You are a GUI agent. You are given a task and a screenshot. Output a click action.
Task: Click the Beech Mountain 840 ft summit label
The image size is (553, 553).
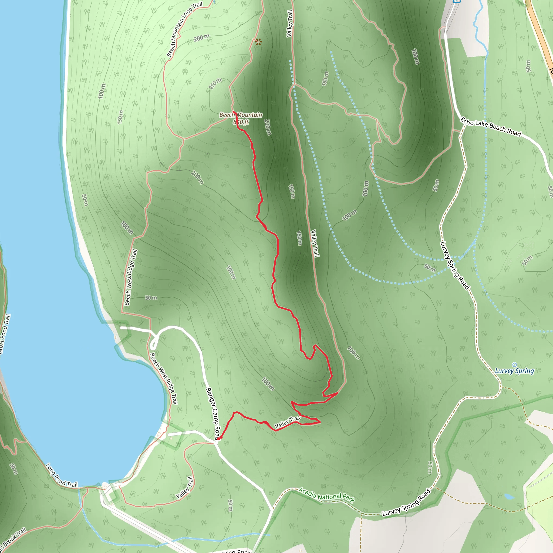point(241,118)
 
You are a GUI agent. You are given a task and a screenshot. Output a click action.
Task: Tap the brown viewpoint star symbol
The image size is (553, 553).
point(258,42)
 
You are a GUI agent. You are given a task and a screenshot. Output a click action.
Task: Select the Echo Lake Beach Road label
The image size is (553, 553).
point(491,127)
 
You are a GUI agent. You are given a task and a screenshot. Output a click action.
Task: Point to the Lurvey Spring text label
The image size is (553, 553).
point(514,371)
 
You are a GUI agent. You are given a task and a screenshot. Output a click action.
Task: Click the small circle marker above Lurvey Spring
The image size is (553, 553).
point(514,365)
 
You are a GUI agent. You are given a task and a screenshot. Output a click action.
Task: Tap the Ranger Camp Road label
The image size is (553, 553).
point(213,413)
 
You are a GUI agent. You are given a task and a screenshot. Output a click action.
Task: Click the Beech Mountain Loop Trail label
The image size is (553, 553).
point(184,29)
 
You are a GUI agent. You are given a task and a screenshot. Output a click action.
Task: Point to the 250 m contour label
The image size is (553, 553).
point(215,84)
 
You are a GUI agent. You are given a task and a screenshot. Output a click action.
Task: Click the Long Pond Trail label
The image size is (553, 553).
point(62,476)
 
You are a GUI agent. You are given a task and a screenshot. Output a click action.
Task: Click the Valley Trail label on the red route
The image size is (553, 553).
point(287,423)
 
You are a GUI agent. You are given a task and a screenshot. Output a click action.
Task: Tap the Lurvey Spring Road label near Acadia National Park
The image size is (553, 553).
point(406,503)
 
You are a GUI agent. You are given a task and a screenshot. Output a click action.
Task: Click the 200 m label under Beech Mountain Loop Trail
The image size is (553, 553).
point(201,38)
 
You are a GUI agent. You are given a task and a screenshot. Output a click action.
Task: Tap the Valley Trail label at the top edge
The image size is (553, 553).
point(290,23)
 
